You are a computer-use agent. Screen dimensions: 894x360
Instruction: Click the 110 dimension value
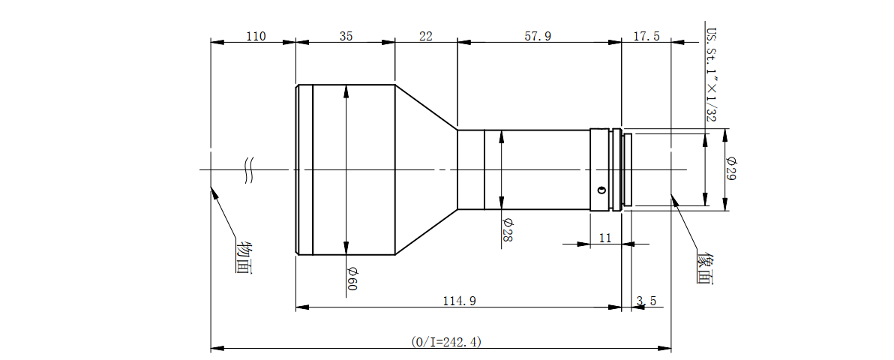point(256,37)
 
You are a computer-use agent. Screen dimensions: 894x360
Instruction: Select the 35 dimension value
point(346,37)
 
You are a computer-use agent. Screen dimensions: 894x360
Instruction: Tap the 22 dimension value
point(426,37)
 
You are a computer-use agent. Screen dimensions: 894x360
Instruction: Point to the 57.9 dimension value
point(538,37)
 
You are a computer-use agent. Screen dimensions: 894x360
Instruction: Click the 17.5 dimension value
point(646,37)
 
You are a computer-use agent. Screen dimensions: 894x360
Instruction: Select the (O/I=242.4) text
point(446,342)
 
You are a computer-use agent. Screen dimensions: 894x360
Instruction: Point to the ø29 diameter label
point(731,169)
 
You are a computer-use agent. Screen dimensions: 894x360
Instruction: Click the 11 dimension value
point(605,238)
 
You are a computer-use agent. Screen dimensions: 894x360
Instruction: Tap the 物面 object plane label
point(244,258)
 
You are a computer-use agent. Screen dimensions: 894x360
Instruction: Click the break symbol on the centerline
point(249,169)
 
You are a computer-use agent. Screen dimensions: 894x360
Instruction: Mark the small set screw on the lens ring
point(599,190)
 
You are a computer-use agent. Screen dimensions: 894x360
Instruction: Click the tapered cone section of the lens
point(426,169)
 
